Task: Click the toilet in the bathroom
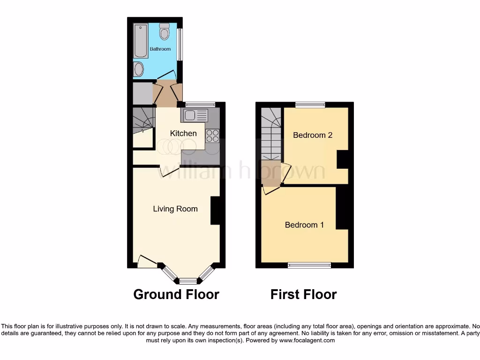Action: tap(164, 32)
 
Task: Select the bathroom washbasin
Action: tap(139, 70)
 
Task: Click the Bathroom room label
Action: tap(160, 49)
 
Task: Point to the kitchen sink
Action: tap(195, 115)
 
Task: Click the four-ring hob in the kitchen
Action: tap(212, 135)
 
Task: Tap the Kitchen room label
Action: tap(183, 134)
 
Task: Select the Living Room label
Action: tap(175, 209)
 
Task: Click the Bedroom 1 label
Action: tap(304, 225)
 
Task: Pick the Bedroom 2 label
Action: tap(313, 135)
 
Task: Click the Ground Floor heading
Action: tap(176, 294)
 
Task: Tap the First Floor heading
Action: tap(303, 294)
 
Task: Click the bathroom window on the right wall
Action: tap(179, 45)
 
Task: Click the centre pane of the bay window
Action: tap(188, 281)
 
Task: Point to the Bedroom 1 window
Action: tap(309, 265)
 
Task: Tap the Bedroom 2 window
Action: tap(310, 105)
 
